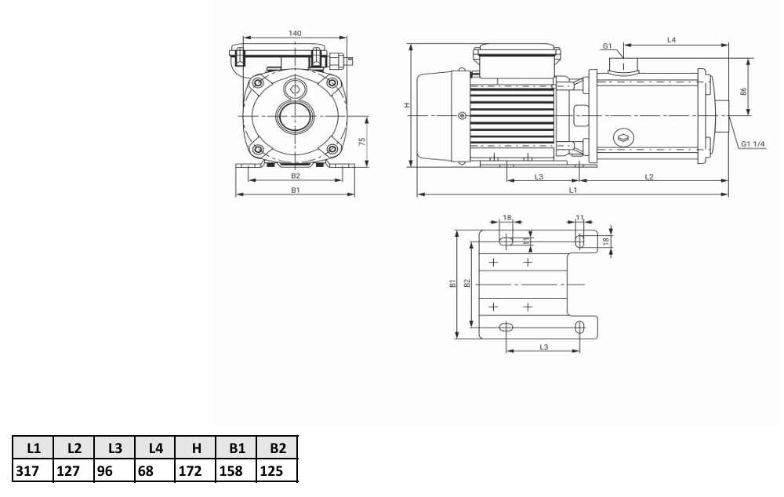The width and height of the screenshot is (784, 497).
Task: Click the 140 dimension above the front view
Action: pos(295,33)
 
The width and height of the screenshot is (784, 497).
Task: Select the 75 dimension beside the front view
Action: pos(362,142)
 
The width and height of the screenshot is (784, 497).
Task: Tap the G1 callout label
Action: pos(607,46)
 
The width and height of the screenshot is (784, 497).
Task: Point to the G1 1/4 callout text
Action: pos(753,144)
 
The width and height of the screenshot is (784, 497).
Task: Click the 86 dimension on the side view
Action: pos(743,92)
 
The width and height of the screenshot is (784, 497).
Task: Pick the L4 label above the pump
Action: pos(672,39)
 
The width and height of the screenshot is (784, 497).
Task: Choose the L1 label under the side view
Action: pos(573,190)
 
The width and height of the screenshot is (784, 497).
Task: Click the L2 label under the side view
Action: pos(649,176)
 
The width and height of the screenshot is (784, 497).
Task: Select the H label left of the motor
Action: pos(407,106)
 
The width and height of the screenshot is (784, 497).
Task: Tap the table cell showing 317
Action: pos(27,471)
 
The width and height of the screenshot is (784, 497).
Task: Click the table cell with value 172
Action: pos(191,471)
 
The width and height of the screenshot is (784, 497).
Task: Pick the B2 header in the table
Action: pos(278,448)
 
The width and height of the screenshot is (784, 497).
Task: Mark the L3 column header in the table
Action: pos(115,448)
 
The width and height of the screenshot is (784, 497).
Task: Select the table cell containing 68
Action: pos(146,471)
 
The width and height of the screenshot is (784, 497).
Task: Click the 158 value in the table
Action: pos(231,471)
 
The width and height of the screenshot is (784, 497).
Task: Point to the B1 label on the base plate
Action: pos(452,284)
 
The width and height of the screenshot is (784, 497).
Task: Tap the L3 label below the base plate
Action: pos(544,346)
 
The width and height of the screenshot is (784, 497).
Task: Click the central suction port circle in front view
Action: pos(294,117)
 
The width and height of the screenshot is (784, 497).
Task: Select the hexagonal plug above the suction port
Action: pos(294,90)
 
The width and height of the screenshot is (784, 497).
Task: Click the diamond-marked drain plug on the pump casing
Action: pos(623,137)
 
